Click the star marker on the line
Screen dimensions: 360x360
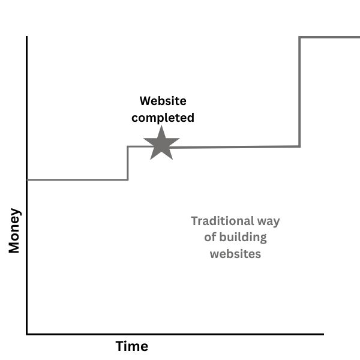point(161,144)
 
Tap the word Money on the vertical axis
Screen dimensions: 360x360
point(14,230)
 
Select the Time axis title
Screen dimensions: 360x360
point(131,346)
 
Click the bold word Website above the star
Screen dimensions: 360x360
point(163,101)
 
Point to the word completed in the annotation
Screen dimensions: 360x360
point(163,118)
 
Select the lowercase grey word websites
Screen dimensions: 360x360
point(235,254)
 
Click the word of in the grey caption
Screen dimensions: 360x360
point(209,237)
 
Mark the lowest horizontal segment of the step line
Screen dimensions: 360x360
point(77,179)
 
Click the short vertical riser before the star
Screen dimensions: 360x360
point(127,163)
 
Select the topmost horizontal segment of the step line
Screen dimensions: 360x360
point(329,37)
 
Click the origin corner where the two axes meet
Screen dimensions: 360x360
point(27,333)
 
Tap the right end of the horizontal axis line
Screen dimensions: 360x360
point(323,333)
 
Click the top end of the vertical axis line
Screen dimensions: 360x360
point(27,37)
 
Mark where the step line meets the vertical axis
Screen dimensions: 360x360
point(28,179)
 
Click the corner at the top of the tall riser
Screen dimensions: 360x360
point(299,37)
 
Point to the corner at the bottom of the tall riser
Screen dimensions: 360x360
point(299,146)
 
